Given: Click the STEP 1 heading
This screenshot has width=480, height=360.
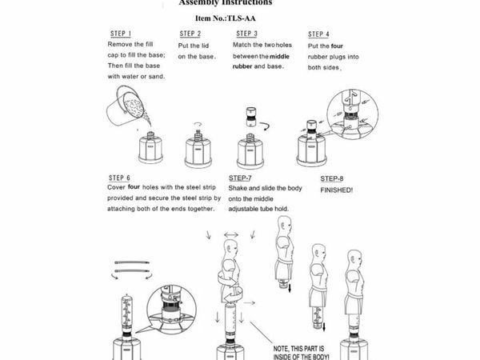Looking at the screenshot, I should click(x=120, y=34).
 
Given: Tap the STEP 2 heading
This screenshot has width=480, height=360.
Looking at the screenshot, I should click(x=190, y=34).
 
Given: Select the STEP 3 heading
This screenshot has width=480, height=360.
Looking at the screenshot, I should click(x=246, y=34).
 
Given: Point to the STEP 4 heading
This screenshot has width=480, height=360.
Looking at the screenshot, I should click(x=318, y=34).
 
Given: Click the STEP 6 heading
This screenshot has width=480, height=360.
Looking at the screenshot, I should click(x=120, y=177).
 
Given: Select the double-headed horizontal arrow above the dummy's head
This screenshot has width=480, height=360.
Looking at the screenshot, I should click(x=230, y=234).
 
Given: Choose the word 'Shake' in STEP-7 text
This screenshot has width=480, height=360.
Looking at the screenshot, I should click(x=240, y=190).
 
